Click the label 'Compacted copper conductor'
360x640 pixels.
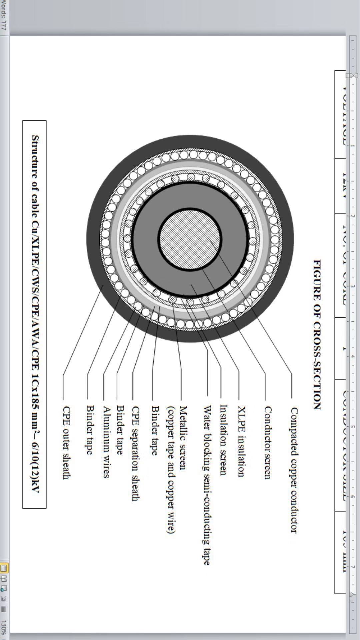click(293, 470)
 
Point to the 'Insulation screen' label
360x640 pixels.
click(224, 439)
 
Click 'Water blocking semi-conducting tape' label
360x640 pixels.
click(207, 485)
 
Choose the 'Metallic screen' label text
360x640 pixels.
click(183, 437)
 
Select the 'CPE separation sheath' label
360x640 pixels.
click(135, 453)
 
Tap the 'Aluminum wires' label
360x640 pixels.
click(106, 442)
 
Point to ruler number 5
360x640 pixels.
click(353, 426)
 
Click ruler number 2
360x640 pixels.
click(353, 216)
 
